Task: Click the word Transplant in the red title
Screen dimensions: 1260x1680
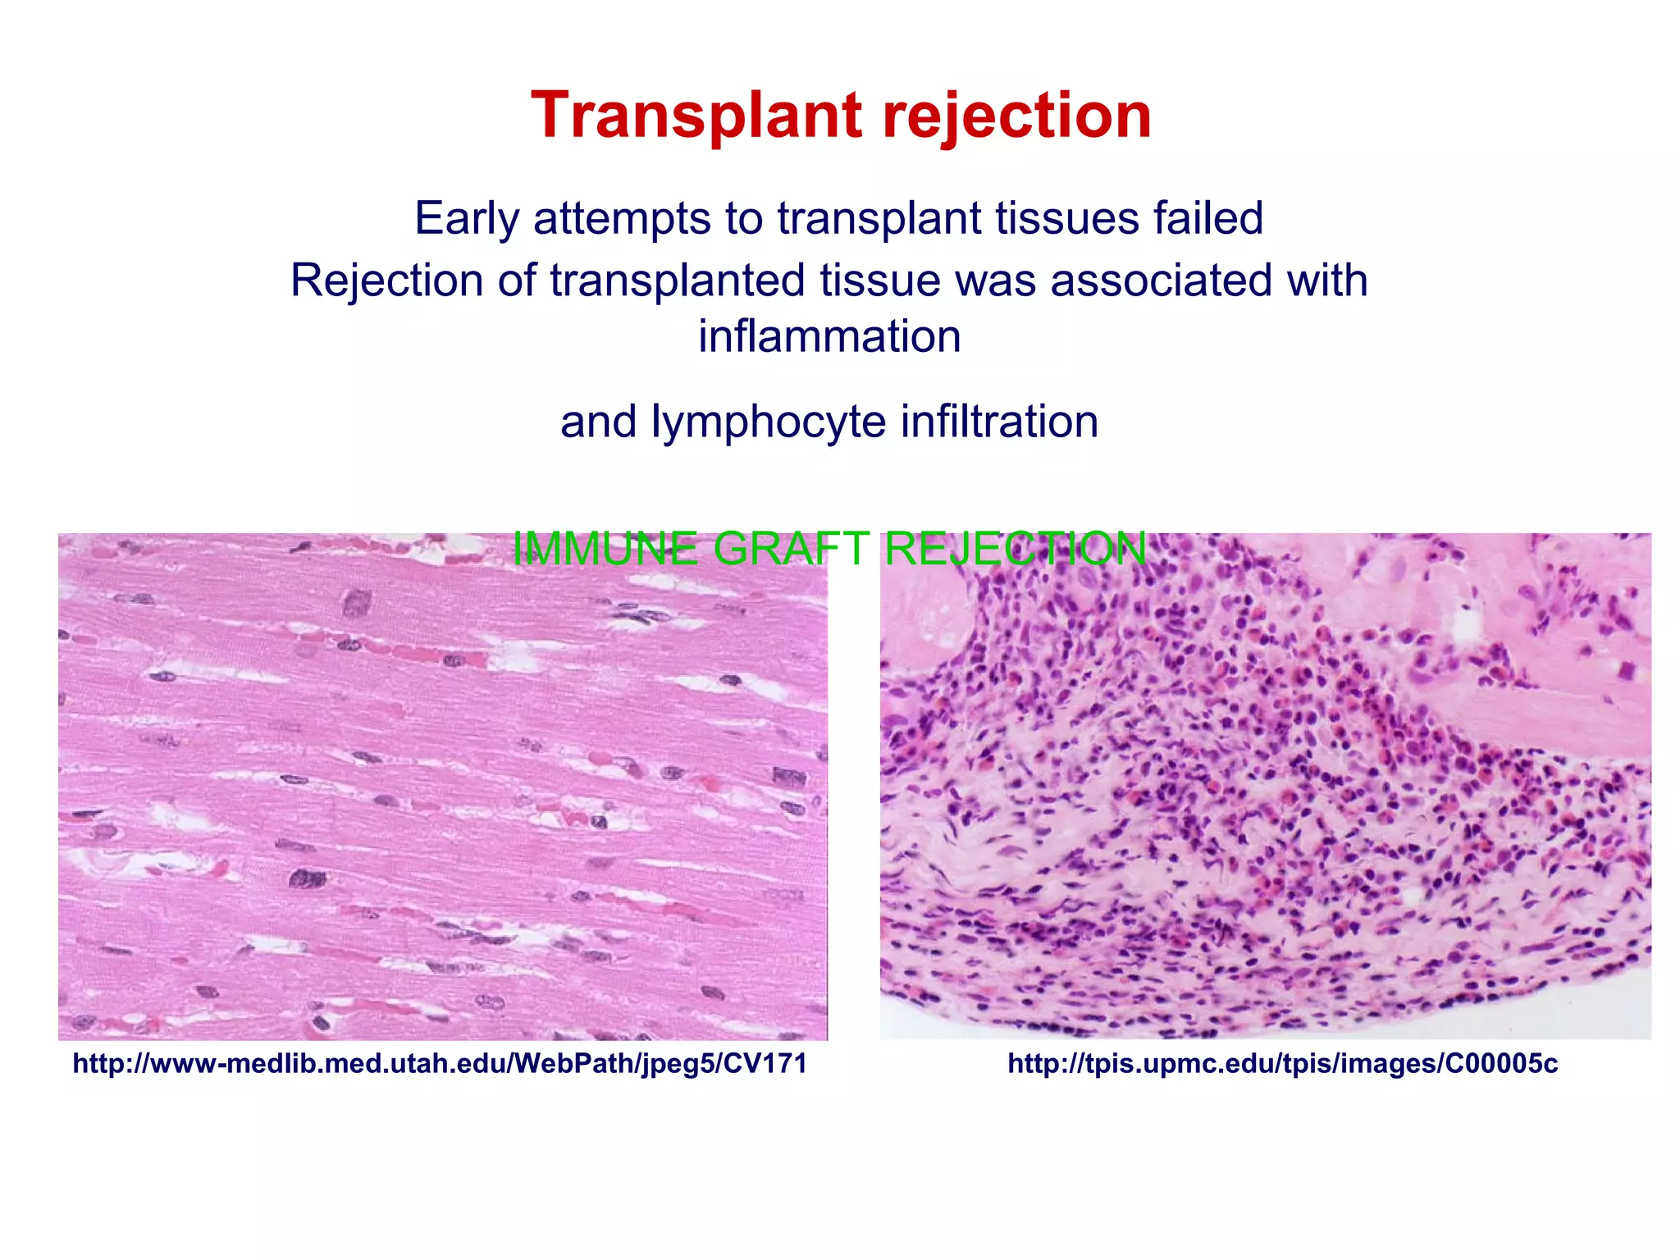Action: click(x=696, y=116)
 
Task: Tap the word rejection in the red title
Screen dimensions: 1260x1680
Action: click(x=1017, y=116)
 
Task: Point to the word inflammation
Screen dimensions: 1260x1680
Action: click(x=829, y=336)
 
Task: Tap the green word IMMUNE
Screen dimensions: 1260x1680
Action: click(x=605, y=548)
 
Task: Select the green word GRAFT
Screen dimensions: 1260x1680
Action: click(x=791, y=548)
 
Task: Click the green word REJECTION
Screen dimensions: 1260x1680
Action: click(x=1015, y=548)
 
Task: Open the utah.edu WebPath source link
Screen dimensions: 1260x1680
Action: click(x=440, y=1064)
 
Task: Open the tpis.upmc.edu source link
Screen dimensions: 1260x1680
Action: click(x=1282, y=1064)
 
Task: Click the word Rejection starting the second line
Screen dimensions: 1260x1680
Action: click(x=386, y=281)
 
